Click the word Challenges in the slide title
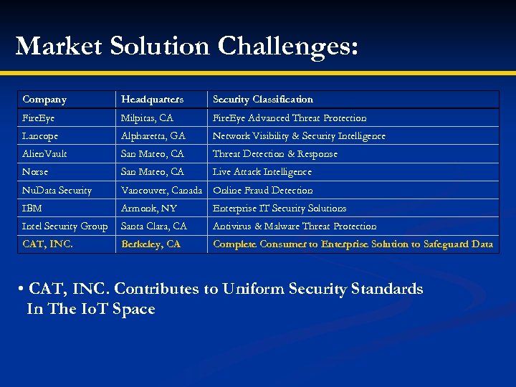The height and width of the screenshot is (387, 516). point(287,46)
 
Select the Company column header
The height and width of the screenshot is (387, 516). point(44,100)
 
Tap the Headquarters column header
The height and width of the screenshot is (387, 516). point(152,100)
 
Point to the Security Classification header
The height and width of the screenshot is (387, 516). point(263,100)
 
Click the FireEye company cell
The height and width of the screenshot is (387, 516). point(39,118)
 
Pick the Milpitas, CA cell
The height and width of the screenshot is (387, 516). point(147,118)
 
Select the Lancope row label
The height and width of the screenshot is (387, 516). point(41,136)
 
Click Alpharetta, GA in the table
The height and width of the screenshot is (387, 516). point(153,136)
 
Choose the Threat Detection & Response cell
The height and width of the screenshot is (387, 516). point(275,154)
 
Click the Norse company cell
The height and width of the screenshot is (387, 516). point(35,172)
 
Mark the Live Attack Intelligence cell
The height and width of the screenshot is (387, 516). point(262,172)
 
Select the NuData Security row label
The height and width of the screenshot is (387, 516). point(57,191)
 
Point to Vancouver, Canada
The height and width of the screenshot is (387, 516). point(161,191)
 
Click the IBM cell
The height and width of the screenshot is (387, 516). point(32,209)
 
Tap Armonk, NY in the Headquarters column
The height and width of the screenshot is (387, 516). point(149,209)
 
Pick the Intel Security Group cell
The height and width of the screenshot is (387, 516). point(65,226)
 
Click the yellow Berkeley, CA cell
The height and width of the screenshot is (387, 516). point(150,244)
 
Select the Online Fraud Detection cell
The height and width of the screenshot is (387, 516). point(263,191)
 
